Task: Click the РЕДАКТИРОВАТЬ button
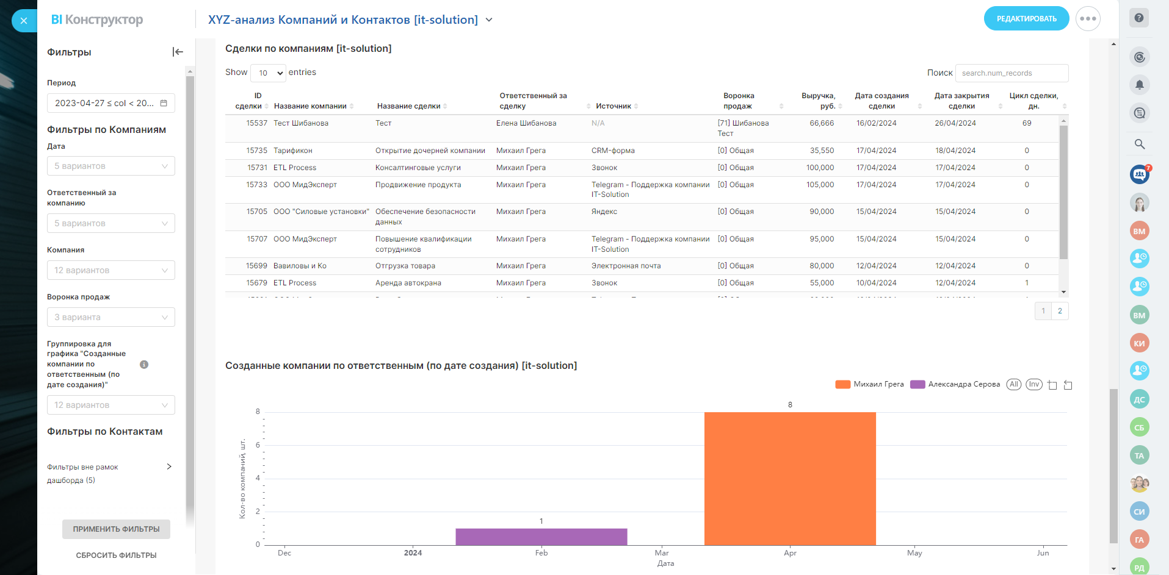[x=1026, y=18]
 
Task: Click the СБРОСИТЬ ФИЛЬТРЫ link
[x=116, y=555]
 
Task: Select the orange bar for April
[x=790, y=478]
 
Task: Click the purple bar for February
[x=541, y=537]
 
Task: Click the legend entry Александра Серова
[x=955, y=384]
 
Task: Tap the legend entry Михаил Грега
[x=870, y=384]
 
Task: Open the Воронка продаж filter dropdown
[x=110, y=317]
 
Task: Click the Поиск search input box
[x=1012, y=73]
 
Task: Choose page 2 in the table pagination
[x=1060, y=311]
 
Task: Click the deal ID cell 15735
[x=256, y=151]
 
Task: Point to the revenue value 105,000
[x=820, y=185]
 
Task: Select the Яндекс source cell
[x=604, y=212]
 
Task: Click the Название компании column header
[x=310, y=106]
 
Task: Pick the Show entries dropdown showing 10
[x=269, y=73]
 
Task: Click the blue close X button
[x=24, y=21]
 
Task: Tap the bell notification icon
[x=1139, y=85]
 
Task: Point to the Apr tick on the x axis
[x=790, y=553]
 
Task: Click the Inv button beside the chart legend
[x=1033, y=384]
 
